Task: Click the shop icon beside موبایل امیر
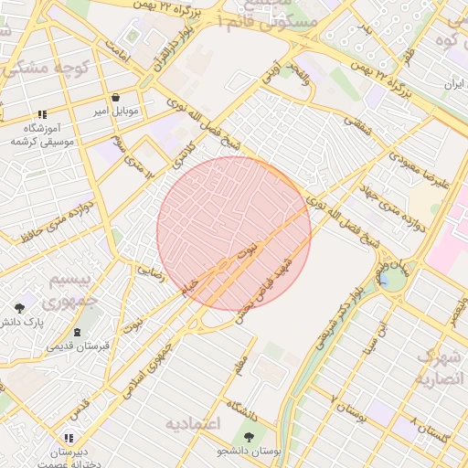pos(115,97)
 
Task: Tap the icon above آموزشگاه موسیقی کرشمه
pos(42,115)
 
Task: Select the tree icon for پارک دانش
pos(20,308)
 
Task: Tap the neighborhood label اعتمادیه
pos(197,423)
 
